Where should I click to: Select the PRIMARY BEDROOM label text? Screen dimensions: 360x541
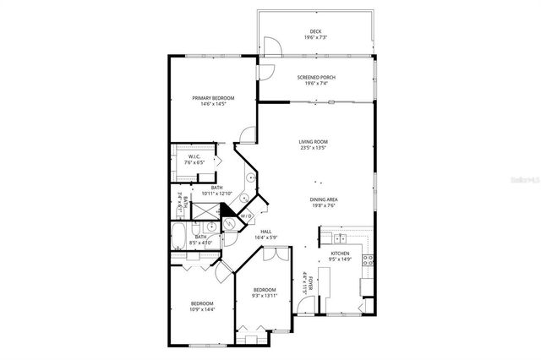coord(213,98)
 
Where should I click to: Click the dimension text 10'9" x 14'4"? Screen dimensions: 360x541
coord(201,309)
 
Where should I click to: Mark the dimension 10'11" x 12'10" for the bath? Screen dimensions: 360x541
coord(217,194)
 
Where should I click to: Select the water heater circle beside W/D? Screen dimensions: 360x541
coord(229,225)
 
